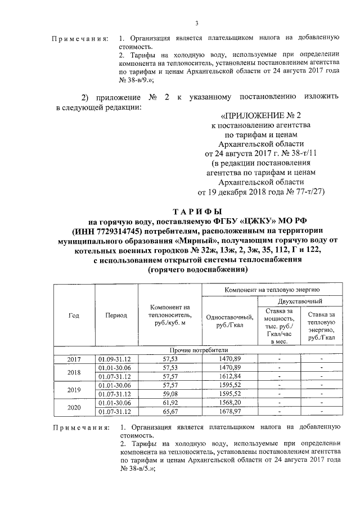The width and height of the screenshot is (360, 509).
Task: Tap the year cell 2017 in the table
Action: (x=74, y=358)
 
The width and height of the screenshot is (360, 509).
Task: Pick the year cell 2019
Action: (x=74, y=389)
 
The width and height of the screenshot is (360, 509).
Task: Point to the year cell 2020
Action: (x=74, y=407)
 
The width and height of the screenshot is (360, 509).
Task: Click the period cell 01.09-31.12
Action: (x=116, y=358)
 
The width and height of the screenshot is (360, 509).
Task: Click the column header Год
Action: (x=74, y=316)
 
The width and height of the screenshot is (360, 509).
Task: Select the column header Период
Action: (x=116, y=316)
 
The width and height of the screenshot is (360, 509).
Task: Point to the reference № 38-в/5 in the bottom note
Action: (x=137, y=469)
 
